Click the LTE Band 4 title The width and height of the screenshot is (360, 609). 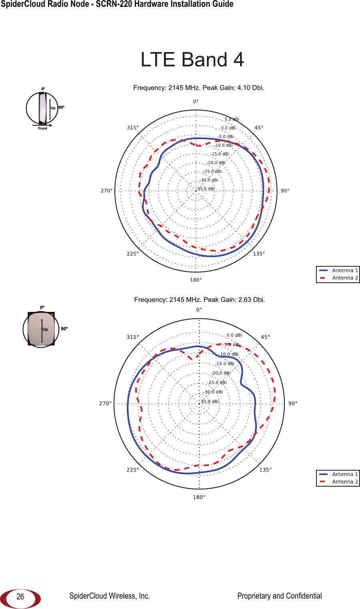click(x=192, y=60)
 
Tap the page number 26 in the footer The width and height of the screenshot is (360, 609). click(x=20, y=597)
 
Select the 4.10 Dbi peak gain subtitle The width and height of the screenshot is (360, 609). click(x=198, y=88)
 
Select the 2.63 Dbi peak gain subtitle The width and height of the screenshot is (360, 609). click(x=199, y=300)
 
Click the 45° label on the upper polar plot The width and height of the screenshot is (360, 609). click(x=259, y=128)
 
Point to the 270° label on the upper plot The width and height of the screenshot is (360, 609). click(x=106, y=191)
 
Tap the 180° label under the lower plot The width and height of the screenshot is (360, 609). click(x=199, y=497)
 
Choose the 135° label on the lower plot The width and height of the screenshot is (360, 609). click(x=265, y=469)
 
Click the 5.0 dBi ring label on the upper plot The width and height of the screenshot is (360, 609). click(x=232, y=119)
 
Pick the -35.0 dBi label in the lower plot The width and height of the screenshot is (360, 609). click(x=209, y=401)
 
